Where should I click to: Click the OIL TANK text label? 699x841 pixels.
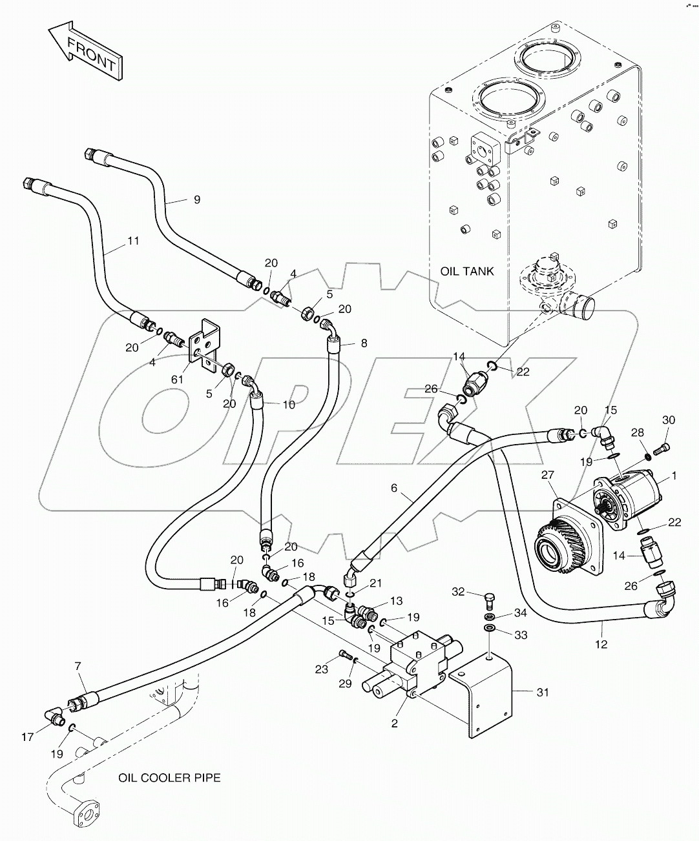467,271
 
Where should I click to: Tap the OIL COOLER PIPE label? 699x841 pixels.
169,777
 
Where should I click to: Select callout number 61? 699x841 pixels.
177,380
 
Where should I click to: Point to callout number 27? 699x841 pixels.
548,474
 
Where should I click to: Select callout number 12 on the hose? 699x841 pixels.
601,643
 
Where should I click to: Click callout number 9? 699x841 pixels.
196,200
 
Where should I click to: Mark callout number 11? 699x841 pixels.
133,241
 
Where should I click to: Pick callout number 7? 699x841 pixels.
78,665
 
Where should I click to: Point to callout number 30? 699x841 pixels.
668,420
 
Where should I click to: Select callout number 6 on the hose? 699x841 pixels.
393,489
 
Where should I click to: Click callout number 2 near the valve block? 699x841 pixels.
393,724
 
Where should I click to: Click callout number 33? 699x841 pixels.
521,635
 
